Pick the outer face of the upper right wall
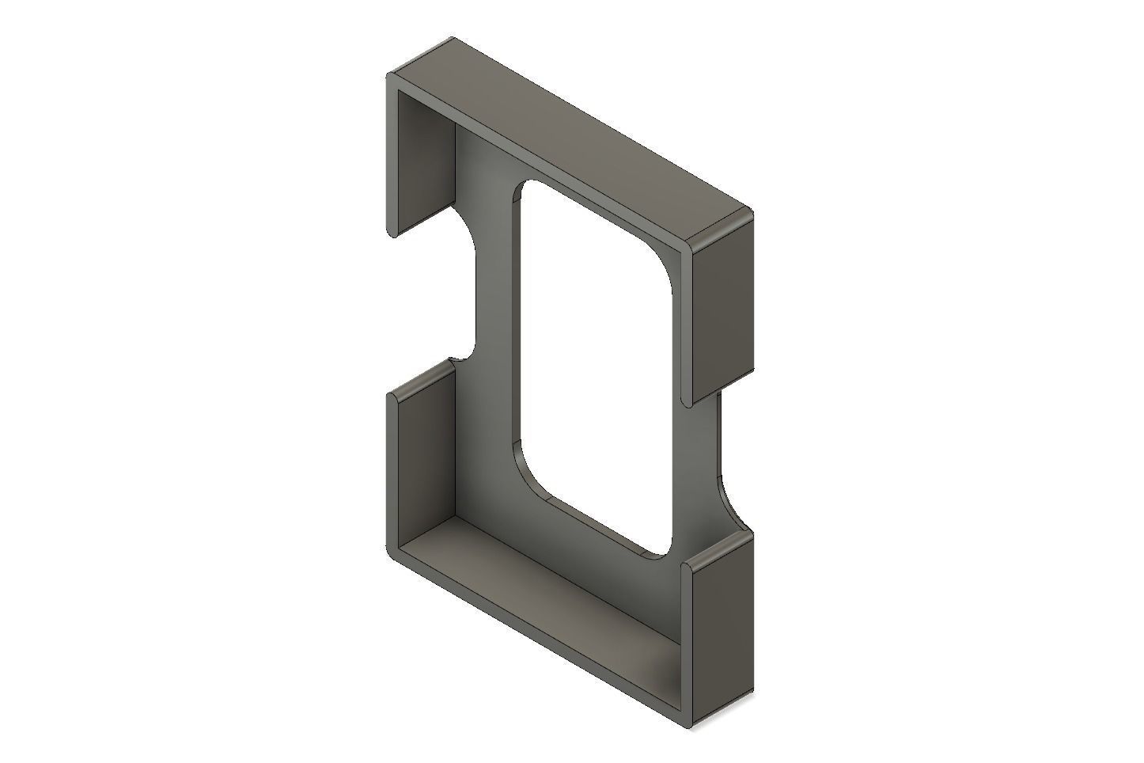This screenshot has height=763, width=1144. point(722,309)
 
